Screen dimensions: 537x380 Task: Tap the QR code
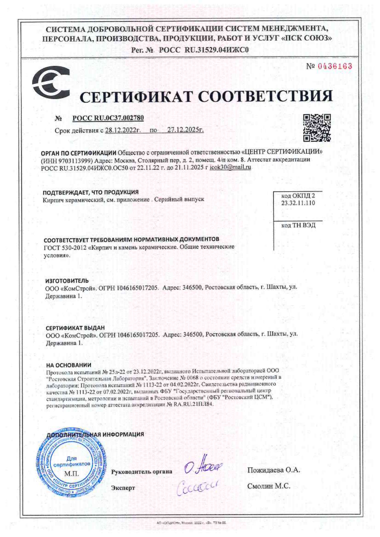point(317,128)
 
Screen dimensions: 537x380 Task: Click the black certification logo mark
point(51,82)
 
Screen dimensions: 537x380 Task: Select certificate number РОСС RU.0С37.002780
point(108,118)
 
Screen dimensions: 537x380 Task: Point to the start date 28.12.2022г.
point(123,130)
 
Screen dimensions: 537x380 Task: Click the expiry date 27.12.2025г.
point(185,130)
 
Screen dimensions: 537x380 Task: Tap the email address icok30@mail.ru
point(230,167)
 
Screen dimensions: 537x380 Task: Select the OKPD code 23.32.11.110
point(298,203)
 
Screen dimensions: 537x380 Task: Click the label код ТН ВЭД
point(298,225)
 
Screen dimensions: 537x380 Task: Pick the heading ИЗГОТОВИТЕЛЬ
point(67,280)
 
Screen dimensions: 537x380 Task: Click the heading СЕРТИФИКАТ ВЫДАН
point(75,328)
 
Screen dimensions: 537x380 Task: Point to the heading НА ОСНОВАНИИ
point(69,365)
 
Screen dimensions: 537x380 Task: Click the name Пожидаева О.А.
point(274,470)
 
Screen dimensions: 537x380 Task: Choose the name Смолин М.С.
point(269,486)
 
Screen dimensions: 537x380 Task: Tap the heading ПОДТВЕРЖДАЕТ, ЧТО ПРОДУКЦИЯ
point(90,192)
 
